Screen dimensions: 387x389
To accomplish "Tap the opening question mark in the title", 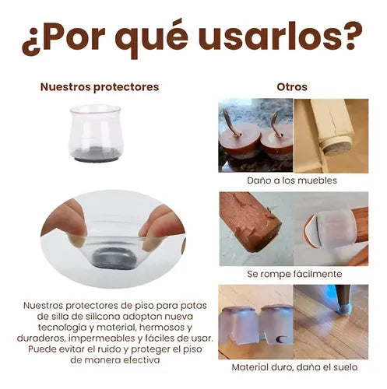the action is pyautogui.click(x=31, y=40).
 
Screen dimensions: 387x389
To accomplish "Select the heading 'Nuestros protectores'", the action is pyautogui.click(x=100, y=87).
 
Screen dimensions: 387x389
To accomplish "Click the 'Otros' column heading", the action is pyautogui.click(x=292, y=87).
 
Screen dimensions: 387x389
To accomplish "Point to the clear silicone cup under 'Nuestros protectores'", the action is pyautogui.click(x=96, y=133).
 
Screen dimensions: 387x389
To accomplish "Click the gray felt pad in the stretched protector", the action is pyautogui.click(x=114, y=258).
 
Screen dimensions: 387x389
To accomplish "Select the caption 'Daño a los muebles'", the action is pyautogui.click(x=292, y=180).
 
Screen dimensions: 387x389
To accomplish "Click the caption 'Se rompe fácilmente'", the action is pyautogui.click(x=294, y=274).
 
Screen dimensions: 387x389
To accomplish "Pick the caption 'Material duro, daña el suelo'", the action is pyautogui.click(x=294, y=367).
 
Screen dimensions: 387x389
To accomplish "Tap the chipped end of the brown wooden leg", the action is pyautogui.click(x=262, y=235).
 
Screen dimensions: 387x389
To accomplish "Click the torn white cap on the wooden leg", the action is pyautogui.click(x=329, y=228).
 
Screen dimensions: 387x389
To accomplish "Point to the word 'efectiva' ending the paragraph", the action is pyautogui.click(x=142, y=360).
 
